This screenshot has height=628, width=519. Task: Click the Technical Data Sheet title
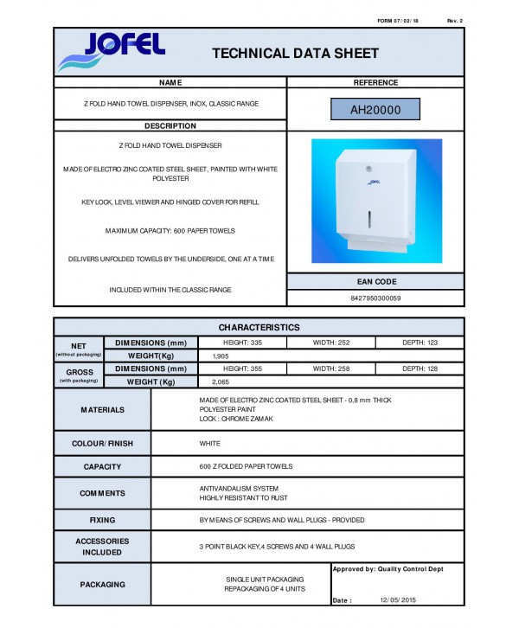[x=295, y=54]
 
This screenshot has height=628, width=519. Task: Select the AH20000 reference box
[x=375, y=110]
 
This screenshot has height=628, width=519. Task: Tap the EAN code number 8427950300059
[x=375, y=298]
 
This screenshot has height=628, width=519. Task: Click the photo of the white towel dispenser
[x=376, y=201]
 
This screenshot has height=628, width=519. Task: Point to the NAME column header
[x=170, y=83]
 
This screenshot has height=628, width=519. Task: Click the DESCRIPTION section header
[x=170, y=126]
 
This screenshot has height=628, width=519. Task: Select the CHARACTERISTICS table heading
[x=259, y=328]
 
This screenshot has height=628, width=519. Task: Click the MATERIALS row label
[x=102, y=410]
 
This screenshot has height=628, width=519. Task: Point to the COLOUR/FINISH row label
[x=102, y=444]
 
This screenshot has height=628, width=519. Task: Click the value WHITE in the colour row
[x=210, y=444]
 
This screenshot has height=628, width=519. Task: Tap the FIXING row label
[x=102, y=521]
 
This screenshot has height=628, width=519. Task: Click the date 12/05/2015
[x=397, y=599]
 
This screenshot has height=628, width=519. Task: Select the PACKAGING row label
[x=102, y=585]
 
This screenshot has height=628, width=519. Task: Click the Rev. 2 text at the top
[x=455, y=20]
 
